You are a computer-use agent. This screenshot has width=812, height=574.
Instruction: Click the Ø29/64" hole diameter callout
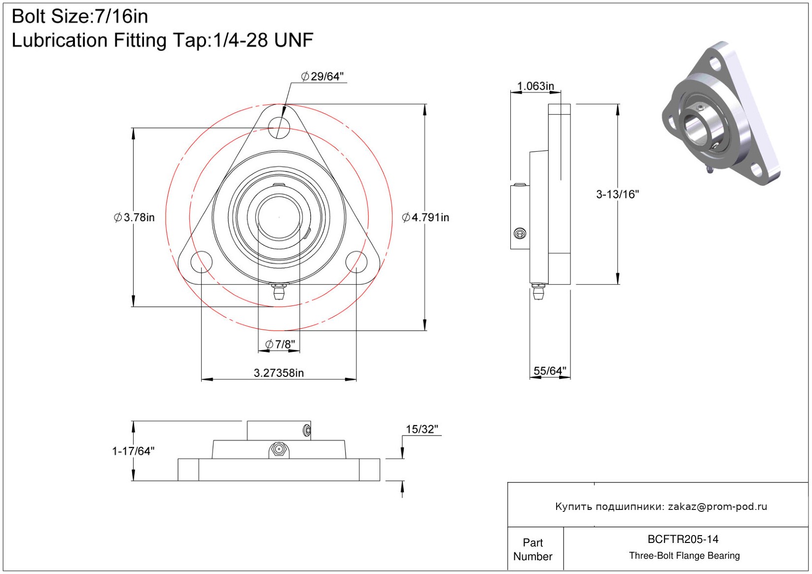click(x=322, y=76)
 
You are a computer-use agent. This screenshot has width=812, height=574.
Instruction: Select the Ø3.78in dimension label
click(x=134, y=217)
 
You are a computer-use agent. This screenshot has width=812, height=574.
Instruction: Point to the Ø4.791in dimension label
click(x=425, y=217)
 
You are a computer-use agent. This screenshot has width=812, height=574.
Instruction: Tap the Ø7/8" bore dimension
click(x=280, y=344)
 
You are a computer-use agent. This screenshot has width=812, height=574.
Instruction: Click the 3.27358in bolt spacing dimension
click(x=279, y=373)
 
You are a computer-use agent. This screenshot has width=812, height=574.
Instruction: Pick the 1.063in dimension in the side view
click(x=535, y=86)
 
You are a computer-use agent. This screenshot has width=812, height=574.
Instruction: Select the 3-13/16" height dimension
click(x=617, y=194)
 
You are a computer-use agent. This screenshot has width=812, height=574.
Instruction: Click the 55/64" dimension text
click(x=550, y=371)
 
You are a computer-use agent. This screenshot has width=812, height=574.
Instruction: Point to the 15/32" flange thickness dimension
click(x=422, y=429)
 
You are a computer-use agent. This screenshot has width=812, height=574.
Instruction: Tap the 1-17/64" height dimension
click(x=133, y=451)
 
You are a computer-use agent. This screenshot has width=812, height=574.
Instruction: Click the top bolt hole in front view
click(x=279, y=128)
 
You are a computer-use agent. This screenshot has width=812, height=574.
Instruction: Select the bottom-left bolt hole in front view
click(x=201, y=261)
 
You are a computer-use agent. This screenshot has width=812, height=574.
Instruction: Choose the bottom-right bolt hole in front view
click(x=356, y=261)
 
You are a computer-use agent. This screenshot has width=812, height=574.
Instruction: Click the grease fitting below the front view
click(x=279, y=291)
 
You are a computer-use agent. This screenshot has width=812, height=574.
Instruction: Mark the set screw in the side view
click(x=520, y=234)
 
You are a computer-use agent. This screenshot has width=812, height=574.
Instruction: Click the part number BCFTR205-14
click(x=683, y=539)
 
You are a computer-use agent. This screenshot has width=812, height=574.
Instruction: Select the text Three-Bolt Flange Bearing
click(x=684, y=556)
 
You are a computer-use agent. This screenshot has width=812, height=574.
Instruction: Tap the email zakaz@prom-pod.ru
click(x=717, y=506)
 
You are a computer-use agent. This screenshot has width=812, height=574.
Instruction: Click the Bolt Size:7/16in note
click(x=80, y=17)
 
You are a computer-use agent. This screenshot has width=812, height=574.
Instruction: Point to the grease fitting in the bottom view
click(x=279, y=449)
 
